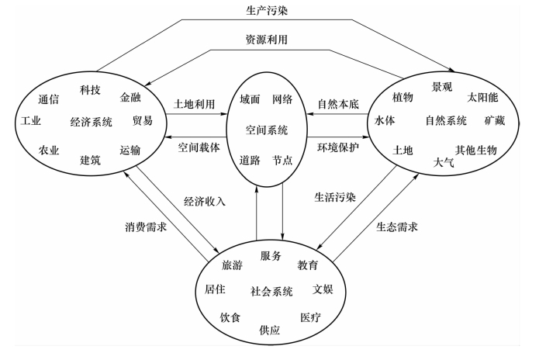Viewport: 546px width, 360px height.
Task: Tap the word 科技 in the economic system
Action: pyautogui.click(x=91, y=90)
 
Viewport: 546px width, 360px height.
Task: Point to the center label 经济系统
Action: pyautogui.click(x=91, y=121)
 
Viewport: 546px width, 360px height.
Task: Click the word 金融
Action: pyautogui.click(x=131, y=98)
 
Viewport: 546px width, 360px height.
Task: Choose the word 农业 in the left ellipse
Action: pyautogui.click(x=49, y=151)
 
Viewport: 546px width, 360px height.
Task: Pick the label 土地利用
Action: pyautogui.click(x=194, y=103)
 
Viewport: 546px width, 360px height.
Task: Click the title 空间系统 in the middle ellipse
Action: pyautogui.click(x=266, y=129)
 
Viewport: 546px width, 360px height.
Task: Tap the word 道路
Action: pyautogui.click(x=250, y=160)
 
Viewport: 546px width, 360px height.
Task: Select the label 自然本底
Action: pyautogui.click(x=338, y=103)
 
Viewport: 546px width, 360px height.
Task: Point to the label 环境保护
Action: pyautogui.click(x=338, y=146)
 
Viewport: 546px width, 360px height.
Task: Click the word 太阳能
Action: pyautogui.click(x=482, y=98)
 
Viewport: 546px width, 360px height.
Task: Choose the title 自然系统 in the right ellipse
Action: pyautogui.click(x=445, y=120)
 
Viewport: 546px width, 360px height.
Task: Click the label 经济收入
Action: pyautogui.click(x=205, y=201)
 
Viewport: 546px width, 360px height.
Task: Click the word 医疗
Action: pyautogui.click(x=310, y=317)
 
